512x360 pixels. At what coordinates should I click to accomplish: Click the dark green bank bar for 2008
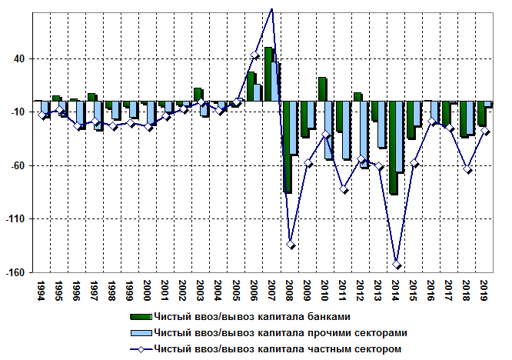click(x=288, y=146)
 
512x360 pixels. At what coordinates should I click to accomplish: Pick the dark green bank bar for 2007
click(x=269, y=74)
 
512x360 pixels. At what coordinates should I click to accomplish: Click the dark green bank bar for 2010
click(x=322, y=89)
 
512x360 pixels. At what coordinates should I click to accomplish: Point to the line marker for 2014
click(x=397, y=265)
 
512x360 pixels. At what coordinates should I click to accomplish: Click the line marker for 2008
click(x=291, y=245)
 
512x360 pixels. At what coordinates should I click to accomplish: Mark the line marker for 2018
click(x=467, y=169)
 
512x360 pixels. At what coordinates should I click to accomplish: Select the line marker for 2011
click(x=344, y=189)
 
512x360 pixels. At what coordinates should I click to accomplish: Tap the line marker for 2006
click(x=255, y=55)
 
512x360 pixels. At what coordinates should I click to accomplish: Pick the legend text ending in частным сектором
click(x=277, y=348)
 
